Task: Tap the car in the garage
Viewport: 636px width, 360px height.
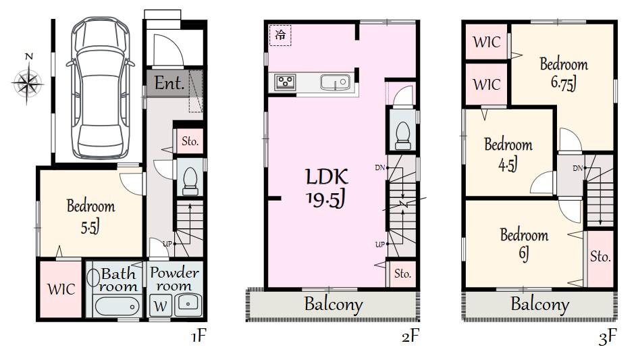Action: (x=99, y=86)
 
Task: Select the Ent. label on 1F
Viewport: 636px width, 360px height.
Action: (x=169, y=84)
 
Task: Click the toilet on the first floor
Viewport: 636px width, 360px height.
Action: (x=190, y=180)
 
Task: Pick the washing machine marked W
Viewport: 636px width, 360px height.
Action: (x=161, y=305)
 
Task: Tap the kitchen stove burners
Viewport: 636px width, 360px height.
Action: (x=285, y=82)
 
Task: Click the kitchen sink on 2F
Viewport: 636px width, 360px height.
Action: (x=334, y=82)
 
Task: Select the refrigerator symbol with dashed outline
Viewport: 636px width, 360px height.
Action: (x=280, y=35)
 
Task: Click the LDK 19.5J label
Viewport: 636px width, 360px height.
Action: (x=327, y=188)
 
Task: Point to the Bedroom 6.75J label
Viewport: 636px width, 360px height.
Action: (x=564, y=73)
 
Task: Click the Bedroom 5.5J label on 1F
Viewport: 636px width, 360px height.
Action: (x=90, y=215)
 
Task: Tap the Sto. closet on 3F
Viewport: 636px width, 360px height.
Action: (x=600, y=257)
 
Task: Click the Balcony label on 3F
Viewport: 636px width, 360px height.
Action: (x=539, y=304)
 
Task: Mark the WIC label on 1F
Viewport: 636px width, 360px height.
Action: (x=60, y=289)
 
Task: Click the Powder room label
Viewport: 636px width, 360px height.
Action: (x=174, y=279)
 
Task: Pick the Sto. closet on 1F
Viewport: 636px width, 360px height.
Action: (x=190, y=142)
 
